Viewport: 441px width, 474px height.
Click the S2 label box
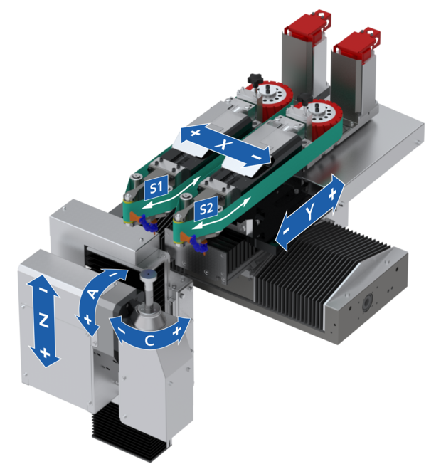coord(206,209)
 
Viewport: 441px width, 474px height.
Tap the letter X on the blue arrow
coord(223,144)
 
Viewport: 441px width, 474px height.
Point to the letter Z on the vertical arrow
coord(44,321)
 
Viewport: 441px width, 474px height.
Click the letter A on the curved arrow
coord(92,293)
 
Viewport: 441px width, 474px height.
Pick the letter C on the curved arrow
coord(149,341)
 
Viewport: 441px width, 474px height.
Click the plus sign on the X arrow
coord(196,132)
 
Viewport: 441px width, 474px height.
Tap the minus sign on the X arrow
coord(256,157)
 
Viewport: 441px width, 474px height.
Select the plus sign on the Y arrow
coord(333,195)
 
